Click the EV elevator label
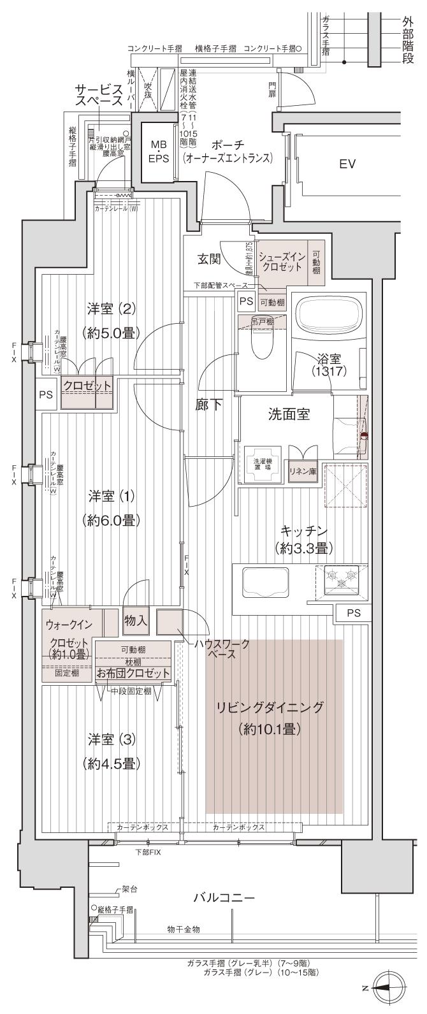point(347,164)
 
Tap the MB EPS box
point(158,152)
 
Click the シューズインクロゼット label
point(283,261)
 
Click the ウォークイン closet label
point(69,624)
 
